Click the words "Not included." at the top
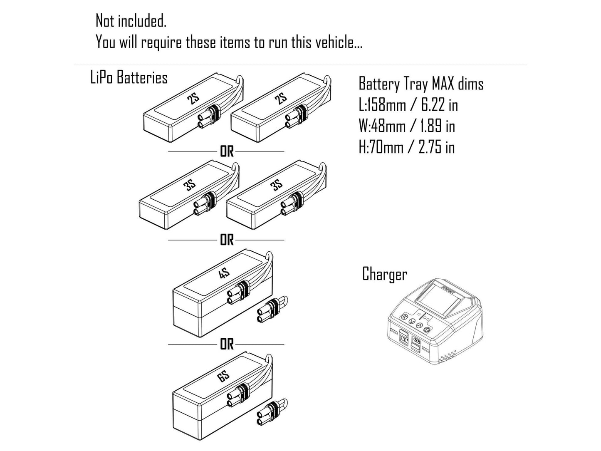tap(131, 21)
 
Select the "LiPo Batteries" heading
tap(129, 78)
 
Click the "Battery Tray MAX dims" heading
tap(421, 84)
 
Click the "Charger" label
tap(384, 274)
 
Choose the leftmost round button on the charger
tap(404, 318)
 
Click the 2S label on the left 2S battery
tap(193, 99)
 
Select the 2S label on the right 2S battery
tap(281, 99)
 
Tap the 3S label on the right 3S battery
tap(277, 185)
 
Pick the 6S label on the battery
tap(224, 377)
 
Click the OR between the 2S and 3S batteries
tap(227, 152)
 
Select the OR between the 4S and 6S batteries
tap(227, 344)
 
